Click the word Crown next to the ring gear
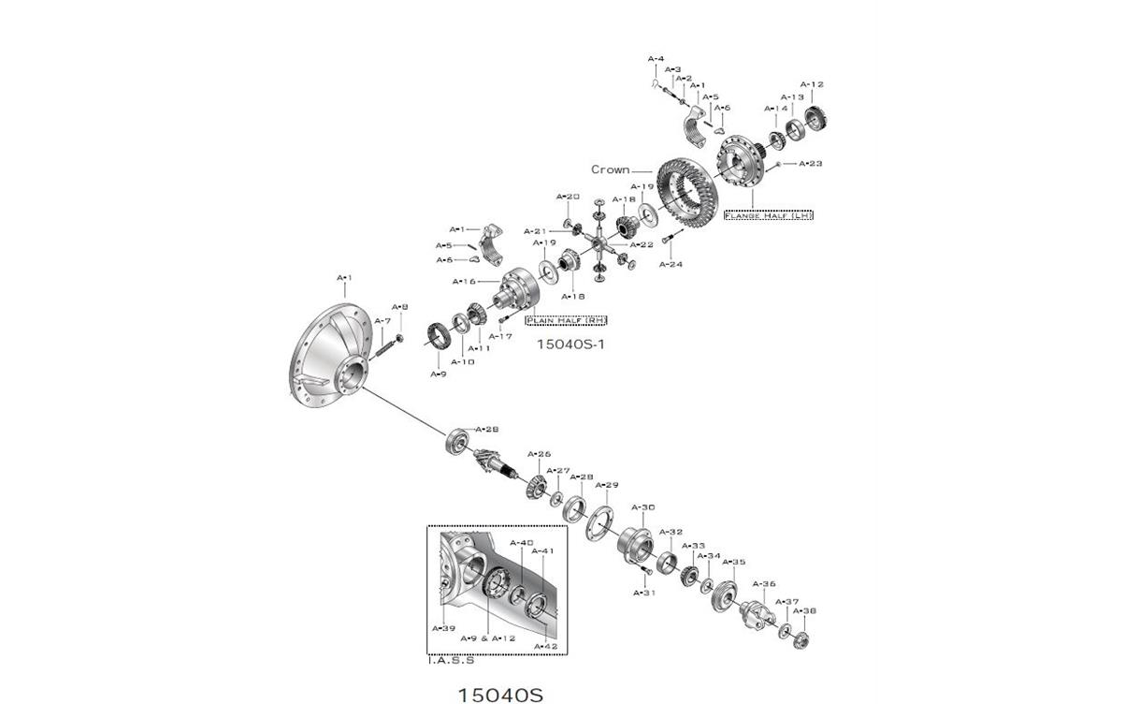[610, 170]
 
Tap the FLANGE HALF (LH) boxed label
[768, 215]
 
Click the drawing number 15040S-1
[570, 344]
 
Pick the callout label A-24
[671, 264]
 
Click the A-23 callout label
[810, 164]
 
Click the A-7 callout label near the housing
[382, 321]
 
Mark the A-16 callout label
[464, 281]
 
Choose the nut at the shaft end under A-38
[800, 640]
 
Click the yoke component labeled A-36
[756, 617]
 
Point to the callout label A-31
[644, 593]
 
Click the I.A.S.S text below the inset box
[451, 660]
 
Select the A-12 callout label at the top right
[812, 85]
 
